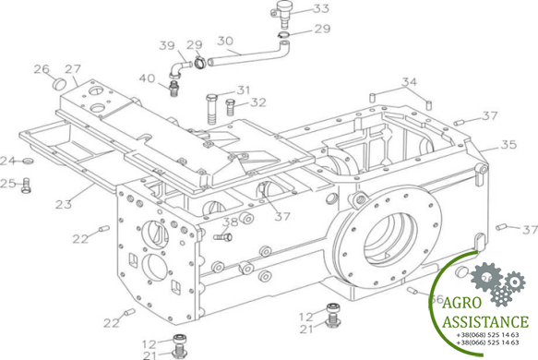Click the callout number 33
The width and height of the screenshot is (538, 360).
[294, 8]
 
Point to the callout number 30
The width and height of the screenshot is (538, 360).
[226, 41]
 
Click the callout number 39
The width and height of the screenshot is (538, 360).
[166, 46]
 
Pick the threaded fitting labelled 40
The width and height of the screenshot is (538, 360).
[173, 87]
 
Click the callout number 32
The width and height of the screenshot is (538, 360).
[258, 102]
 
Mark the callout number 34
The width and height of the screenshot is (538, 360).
[409, 83]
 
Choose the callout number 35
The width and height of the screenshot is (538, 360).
[508, 145]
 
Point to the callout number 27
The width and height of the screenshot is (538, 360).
[73, 68]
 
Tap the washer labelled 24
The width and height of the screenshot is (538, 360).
[28, 161]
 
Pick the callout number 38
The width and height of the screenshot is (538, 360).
[230, 222]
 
